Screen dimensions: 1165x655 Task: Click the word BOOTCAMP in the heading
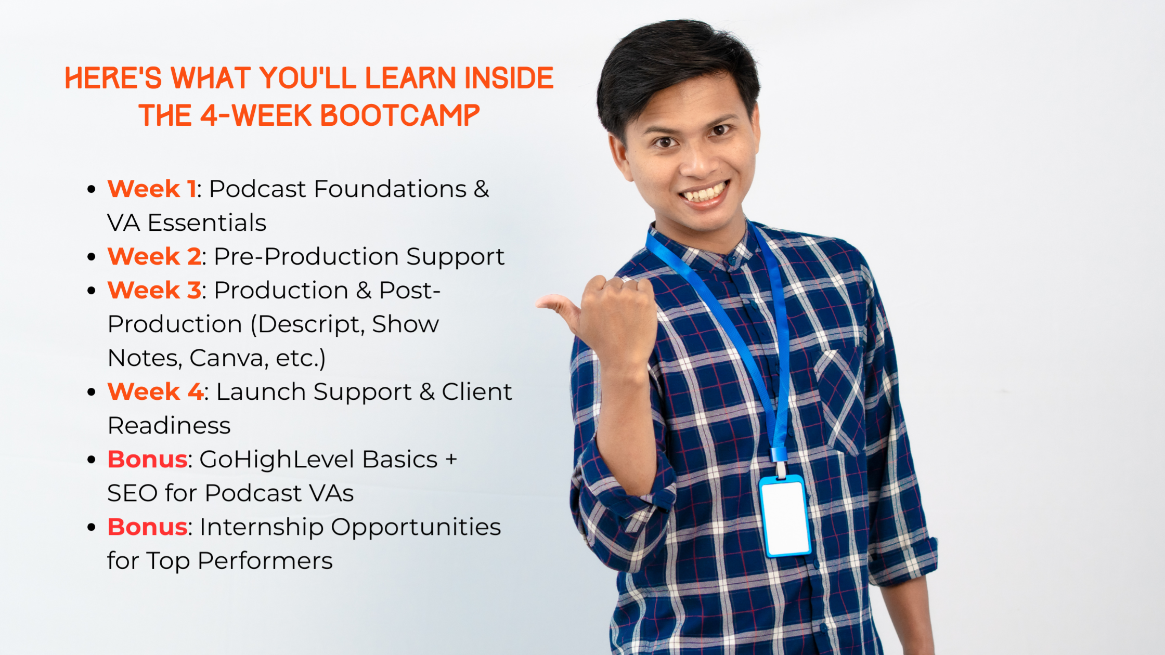(x=399, y=115)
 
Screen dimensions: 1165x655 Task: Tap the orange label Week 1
(x=152, y=189)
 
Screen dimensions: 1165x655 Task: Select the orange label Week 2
(x=154, y=256)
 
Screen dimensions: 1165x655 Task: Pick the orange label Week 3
(x=154, y=290)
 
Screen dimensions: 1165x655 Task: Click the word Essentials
(x=207, y=222)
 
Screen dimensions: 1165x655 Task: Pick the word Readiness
(x=169, y=425)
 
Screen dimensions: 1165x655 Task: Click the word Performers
(x=265, y=560)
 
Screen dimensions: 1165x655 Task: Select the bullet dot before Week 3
(x=92, y=290)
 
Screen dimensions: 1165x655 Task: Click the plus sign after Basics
(x=451, y=460)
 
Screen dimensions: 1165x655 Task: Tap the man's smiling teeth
(x=705, y=193)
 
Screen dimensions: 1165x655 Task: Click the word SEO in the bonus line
(x=132, y=493)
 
